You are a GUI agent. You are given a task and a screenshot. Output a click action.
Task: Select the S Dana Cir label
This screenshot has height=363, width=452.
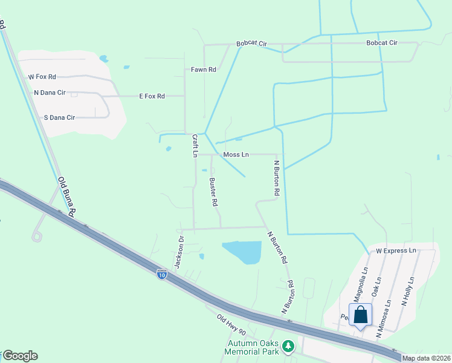coord(59,117)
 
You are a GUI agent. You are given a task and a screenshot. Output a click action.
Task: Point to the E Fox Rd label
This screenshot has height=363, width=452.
coord(152,96)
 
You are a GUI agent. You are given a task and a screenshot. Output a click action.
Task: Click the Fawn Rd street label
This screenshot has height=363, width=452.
coord(204,70)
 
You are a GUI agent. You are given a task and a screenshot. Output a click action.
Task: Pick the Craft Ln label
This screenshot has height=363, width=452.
coord(195,146)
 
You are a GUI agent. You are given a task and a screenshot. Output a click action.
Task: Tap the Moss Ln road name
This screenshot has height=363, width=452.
coord(236,155)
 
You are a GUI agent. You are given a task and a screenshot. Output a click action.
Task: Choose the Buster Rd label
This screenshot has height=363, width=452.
coord(213,192)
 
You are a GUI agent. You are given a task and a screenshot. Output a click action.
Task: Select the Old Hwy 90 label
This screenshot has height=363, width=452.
coord(231,324)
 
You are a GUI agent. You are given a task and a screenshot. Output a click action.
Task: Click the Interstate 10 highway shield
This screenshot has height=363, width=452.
coord(161,274)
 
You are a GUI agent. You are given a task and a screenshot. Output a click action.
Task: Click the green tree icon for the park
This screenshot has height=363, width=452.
coord(289,346)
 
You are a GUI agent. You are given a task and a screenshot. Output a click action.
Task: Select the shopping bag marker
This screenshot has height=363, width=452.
coord(361,316)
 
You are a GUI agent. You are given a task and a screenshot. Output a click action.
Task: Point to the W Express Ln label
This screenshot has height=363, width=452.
coord(396,250)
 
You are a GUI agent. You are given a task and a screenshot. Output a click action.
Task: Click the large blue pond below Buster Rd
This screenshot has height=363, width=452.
coord(243,252)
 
